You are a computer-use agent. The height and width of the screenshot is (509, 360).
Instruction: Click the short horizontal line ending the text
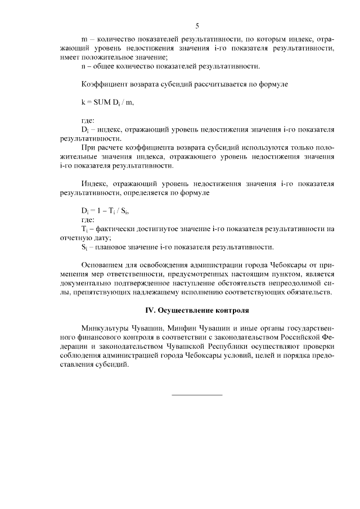[196, 394]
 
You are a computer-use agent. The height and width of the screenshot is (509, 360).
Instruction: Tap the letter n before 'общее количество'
[84, 66]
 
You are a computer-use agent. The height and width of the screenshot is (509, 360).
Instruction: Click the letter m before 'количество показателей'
[84, 39]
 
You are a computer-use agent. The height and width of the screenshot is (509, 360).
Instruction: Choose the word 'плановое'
[112, 247]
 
